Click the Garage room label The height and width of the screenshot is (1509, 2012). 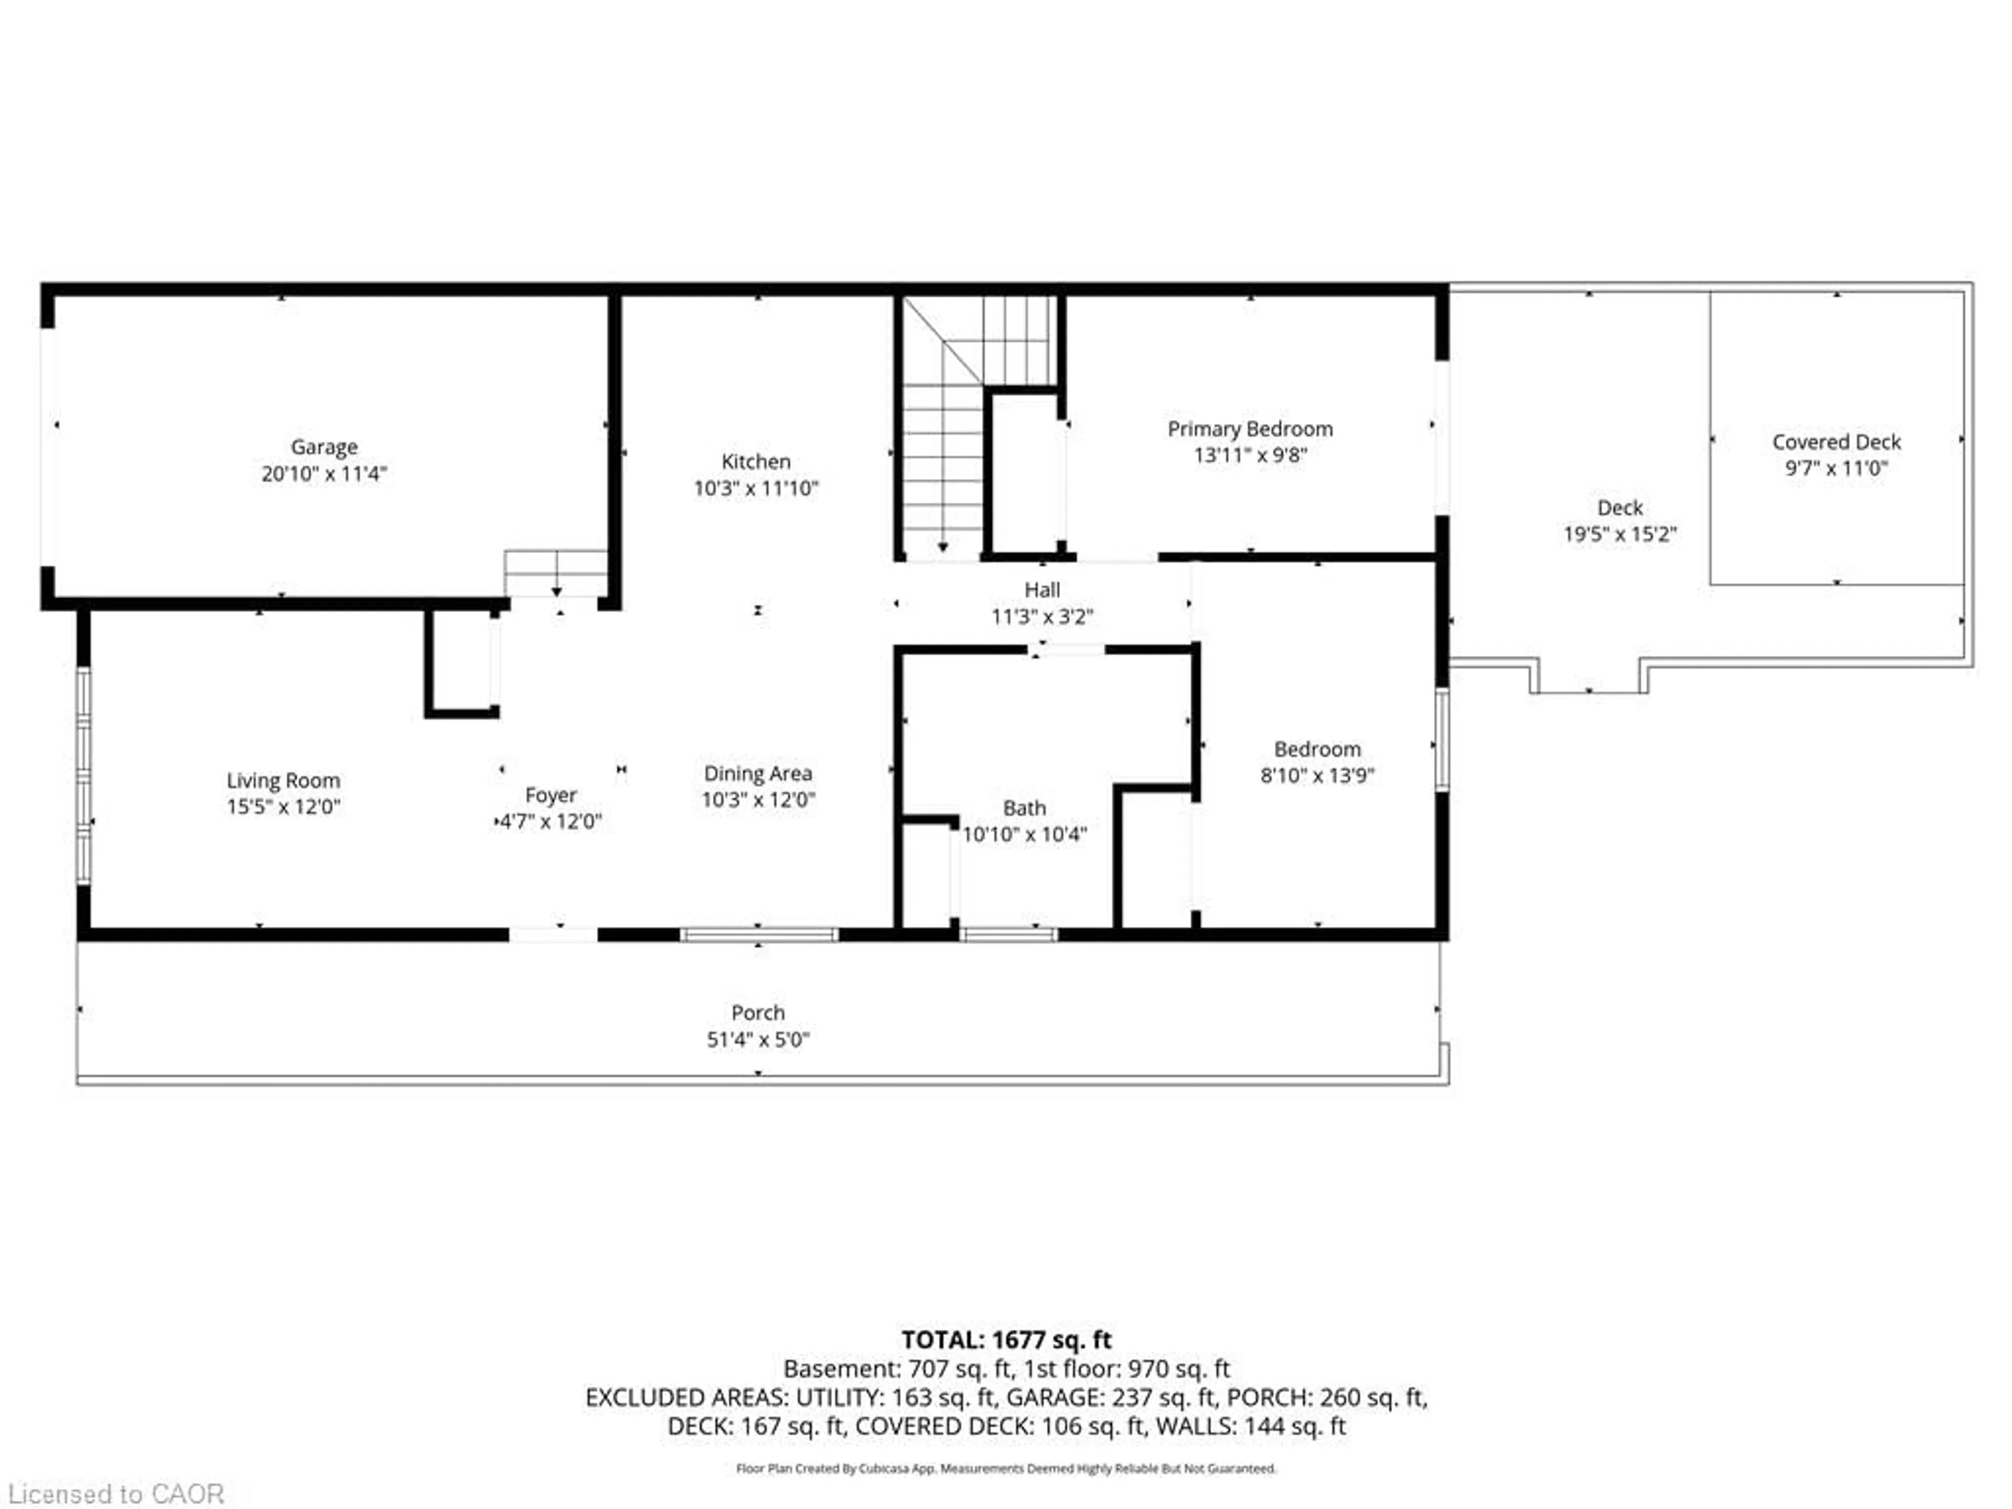(324, 446)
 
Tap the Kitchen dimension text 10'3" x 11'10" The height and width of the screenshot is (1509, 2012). (756, 488)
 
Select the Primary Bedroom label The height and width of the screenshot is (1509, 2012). (1250, 429)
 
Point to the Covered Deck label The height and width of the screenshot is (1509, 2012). (1835, 442)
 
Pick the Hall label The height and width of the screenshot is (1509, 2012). (1042, 589)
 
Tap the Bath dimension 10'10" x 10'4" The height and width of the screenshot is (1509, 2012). (1024, 834)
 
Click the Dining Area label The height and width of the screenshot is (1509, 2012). (758, 773)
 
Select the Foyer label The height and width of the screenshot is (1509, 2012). (550, 795)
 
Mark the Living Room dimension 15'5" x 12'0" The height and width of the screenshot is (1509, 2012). (283, 807)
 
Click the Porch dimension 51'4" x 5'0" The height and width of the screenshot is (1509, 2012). (758, 1040)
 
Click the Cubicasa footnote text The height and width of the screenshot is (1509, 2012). (1006, 1468)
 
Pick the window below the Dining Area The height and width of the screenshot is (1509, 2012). (759, 934)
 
